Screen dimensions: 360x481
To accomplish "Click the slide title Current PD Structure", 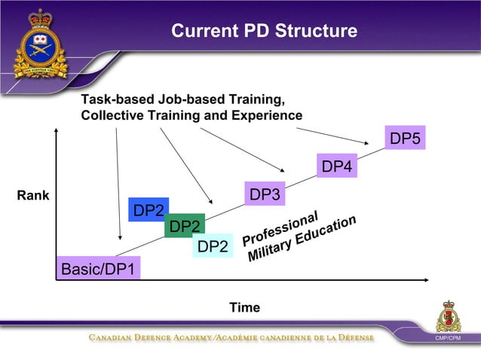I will (x=264, y=31).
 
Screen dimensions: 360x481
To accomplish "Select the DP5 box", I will (x=405, y=138).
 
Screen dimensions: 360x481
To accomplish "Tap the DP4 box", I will (x=337, y=166).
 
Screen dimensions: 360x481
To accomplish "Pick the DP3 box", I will (x=265, y=194).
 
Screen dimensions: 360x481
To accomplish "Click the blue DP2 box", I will (x=149, y=210).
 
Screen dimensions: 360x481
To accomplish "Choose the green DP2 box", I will (x=184, y=226).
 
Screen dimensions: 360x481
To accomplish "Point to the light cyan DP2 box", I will (x=212, y=246).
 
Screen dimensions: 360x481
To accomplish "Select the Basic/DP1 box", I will (x=99, y=269).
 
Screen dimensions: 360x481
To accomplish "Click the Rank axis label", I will (x=32, y=196).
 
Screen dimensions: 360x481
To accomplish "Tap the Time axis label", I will (x=244, y=307).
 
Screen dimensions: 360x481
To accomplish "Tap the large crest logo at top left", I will (x=39, y=43).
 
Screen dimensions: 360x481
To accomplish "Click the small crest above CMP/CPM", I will (x=451, y=316).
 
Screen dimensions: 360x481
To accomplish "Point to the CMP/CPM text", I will (x=451, y=338).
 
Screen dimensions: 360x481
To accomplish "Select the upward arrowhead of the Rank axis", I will (x=56, y=130).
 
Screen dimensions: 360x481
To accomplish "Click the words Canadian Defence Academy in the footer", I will (x=150, y=337).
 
